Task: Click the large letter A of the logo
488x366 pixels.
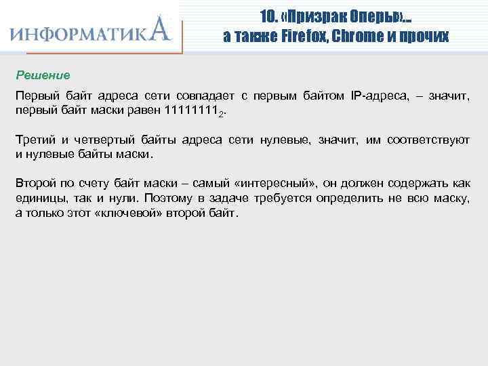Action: pos(159,30)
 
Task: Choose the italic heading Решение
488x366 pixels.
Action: pos(43,74)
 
